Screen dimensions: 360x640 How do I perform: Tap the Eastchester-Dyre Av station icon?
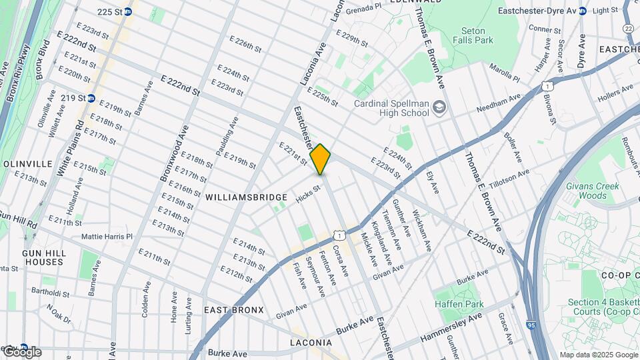583,11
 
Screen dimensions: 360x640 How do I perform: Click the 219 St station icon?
91,98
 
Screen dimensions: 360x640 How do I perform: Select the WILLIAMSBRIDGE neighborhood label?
246,197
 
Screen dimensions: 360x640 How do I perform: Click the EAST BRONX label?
234,310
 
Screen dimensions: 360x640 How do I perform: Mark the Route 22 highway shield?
628,28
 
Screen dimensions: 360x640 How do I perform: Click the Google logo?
22,351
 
